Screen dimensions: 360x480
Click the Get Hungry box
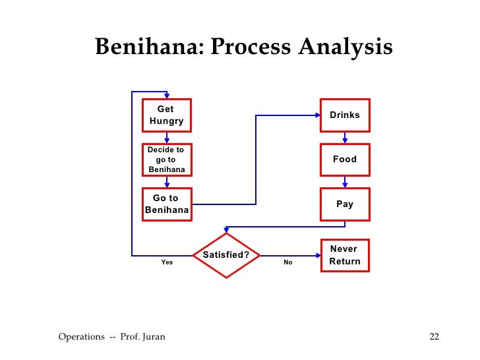167,115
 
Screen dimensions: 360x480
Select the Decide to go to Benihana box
167,160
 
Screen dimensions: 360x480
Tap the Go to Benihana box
167,204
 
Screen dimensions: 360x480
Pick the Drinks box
345,115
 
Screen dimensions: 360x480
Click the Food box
345,160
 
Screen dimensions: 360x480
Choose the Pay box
345,204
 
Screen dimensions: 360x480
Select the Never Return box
345,255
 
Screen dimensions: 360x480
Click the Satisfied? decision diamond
226,255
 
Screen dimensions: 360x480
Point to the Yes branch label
167,262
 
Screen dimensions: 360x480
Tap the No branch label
288,262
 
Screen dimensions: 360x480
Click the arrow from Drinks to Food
345,137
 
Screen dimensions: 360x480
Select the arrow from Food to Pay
345,181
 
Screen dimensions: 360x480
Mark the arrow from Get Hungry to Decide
167,137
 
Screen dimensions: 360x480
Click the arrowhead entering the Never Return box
317,255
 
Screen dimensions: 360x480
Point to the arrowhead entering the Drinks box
317,115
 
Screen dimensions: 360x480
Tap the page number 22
434,338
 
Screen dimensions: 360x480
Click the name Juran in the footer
152,338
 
